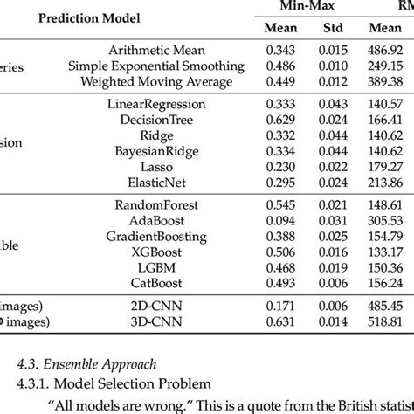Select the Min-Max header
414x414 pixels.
point(300,6)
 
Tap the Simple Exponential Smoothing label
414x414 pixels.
point(156,67)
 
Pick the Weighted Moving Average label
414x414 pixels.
point(156,81)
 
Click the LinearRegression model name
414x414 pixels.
point(156,104)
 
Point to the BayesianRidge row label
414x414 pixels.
point(156,150)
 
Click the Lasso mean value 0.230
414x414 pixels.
point(280,165)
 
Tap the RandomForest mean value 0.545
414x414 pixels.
point(280,205)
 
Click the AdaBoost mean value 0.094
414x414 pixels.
point(280,220)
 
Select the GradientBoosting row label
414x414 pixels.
point(156,236)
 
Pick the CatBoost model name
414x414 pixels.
point(156,281)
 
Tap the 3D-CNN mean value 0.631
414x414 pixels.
point(280,321)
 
